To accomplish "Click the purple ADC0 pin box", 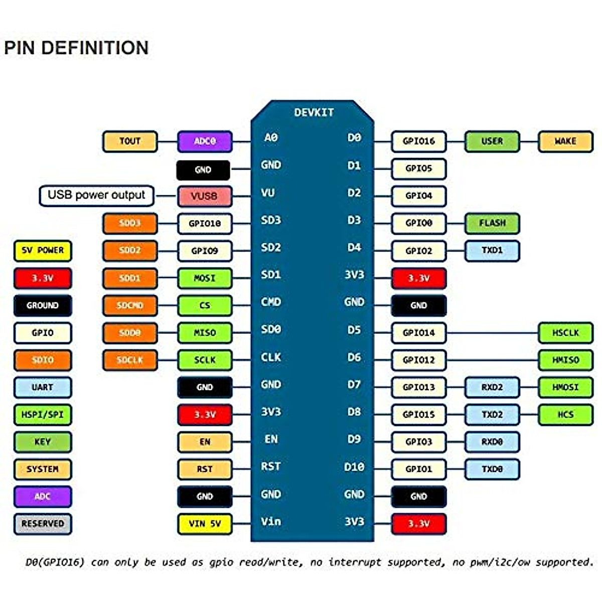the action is coord(205,141).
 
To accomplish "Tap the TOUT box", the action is coord(130,141).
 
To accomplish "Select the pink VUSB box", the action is coord(205,196).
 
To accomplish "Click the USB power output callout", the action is coord(96,196).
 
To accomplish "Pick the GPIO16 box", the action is coord(418,141).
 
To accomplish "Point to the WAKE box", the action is coord(565,141).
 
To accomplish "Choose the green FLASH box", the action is coord(492,223).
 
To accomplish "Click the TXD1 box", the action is coord(492,251).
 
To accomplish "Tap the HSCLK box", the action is coord(565,333).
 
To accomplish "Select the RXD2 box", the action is coord(492,387).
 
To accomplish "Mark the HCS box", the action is coord(565,415).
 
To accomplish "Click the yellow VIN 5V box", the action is coord(205,524).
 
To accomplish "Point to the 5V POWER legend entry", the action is coord(43,251).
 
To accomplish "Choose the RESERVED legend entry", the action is coord(43,524).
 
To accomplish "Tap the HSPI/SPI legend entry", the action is coord(43,415).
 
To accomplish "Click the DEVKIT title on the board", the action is coord(314,112).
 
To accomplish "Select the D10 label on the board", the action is coord(354,467).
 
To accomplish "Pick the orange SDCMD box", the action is coord(130,305).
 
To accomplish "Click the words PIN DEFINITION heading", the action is coord(76,48).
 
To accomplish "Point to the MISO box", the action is coord(205,333).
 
